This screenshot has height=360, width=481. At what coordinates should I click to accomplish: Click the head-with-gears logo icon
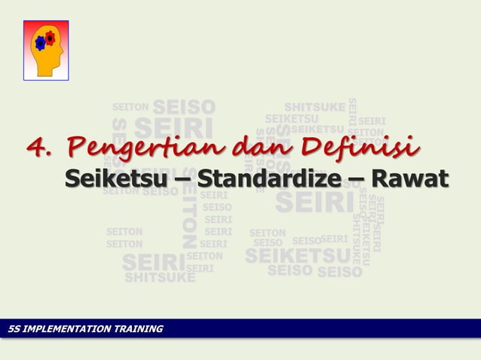point(46,50)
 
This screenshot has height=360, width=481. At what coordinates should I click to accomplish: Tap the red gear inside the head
point(50,38)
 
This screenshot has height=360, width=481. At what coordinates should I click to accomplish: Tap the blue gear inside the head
point(41,44)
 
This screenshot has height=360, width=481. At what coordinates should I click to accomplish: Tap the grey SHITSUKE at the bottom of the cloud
point(159,277)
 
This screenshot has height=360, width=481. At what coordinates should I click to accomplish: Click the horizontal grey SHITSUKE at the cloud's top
point(315,106)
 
